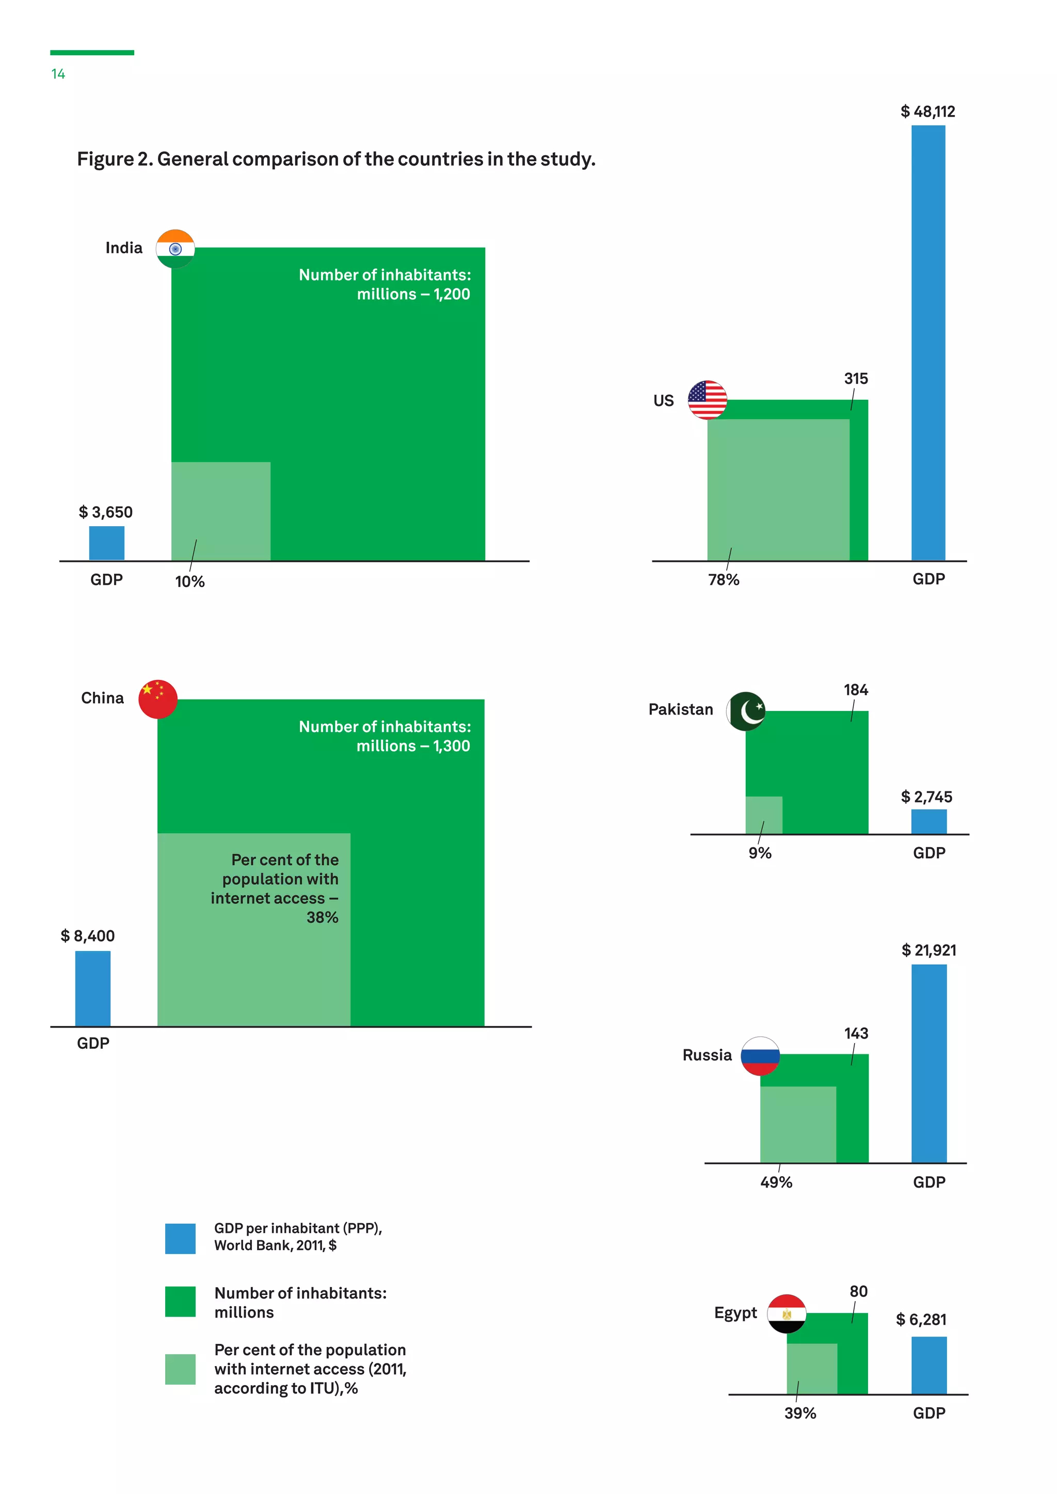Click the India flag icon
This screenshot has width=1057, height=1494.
(175, 249)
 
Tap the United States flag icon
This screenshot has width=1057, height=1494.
(707, 399)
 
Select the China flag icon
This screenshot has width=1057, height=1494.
(157, 699)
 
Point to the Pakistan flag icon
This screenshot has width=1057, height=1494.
(746, 711)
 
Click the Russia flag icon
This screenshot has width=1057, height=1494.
(760, 1055)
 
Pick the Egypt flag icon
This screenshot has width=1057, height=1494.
(786, 1314)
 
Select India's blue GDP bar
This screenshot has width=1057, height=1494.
(107, 543)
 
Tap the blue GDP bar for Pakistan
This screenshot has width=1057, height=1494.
(929, 821)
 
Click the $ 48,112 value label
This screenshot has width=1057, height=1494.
(927, 112)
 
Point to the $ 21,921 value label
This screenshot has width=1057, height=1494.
(929, 950)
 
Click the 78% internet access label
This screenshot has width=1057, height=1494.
(724, 580)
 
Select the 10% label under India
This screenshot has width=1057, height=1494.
(190, 582)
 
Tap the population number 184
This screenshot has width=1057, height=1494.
(856, 690)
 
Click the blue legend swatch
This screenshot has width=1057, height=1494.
(180, 1238)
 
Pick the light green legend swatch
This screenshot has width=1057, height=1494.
(180, 1369)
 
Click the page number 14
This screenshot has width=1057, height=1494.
(58, 74)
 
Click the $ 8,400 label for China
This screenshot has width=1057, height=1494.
(88, 936)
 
